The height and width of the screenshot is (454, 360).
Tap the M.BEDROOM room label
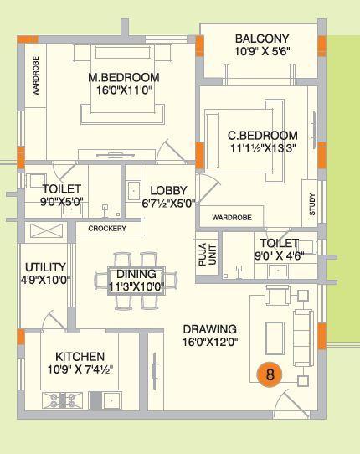124,78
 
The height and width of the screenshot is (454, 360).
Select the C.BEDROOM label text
263,135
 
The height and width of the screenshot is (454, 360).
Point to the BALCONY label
262,39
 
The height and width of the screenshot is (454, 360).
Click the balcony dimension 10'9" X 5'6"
262,52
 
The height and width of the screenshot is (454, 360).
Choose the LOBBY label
168,191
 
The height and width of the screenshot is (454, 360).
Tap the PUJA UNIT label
207,252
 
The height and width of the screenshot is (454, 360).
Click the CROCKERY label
107,229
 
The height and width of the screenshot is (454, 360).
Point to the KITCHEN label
80,356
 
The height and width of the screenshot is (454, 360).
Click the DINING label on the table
136,274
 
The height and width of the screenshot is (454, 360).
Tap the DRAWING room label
209,329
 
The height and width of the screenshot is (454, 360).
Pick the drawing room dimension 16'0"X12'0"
209,342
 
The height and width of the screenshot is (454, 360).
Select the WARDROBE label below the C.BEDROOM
232,217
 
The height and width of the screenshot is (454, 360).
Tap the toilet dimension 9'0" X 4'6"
280,256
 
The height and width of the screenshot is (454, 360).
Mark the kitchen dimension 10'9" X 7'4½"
80,369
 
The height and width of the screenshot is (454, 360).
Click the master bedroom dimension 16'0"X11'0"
124,91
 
